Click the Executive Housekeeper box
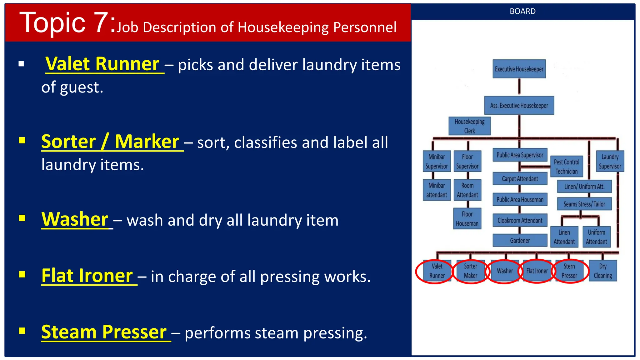pos(519,69)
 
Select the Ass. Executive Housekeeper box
pos(519,106)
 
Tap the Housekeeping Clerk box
pos(469,126)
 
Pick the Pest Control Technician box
pos(566,167)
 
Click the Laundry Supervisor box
pos(610,162)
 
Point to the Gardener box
pos(520,241)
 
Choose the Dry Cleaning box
pos(602,271)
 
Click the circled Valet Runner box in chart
pos(437,271)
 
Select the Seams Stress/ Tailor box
pos(584,204)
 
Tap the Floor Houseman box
pos(467,219)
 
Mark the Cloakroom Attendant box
pos(520,220)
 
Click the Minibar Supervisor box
pos(436,162)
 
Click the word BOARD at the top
pos(522,12)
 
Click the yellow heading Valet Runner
pos(102,64)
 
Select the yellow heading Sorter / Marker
pos(110,142)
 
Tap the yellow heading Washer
pos(75,219)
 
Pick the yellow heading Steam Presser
pos(104,332)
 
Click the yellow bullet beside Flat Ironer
pos(22,275)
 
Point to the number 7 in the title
pos(101,22)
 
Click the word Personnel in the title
pos(365,27)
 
